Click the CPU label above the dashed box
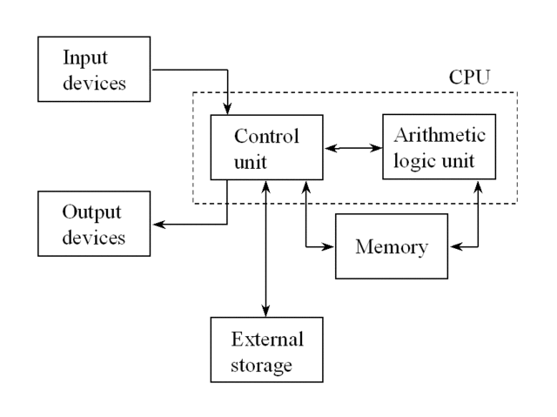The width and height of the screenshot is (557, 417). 469,77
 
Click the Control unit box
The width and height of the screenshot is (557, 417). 267,148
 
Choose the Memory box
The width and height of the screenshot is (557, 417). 391,247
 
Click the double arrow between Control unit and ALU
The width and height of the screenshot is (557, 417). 352,149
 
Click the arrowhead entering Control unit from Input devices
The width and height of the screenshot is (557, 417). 228,109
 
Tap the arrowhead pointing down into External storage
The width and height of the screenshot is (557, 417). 267,312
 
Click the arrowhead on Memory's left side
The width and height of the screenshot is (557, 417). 330,247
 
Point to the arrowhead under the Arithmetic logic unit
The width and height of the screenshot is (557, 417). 477,185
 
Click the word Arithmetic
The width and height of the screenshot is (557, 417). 440,136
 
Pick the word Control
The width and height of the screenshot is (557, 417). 267,137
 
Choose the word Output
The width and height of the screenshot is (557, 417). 91,213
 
